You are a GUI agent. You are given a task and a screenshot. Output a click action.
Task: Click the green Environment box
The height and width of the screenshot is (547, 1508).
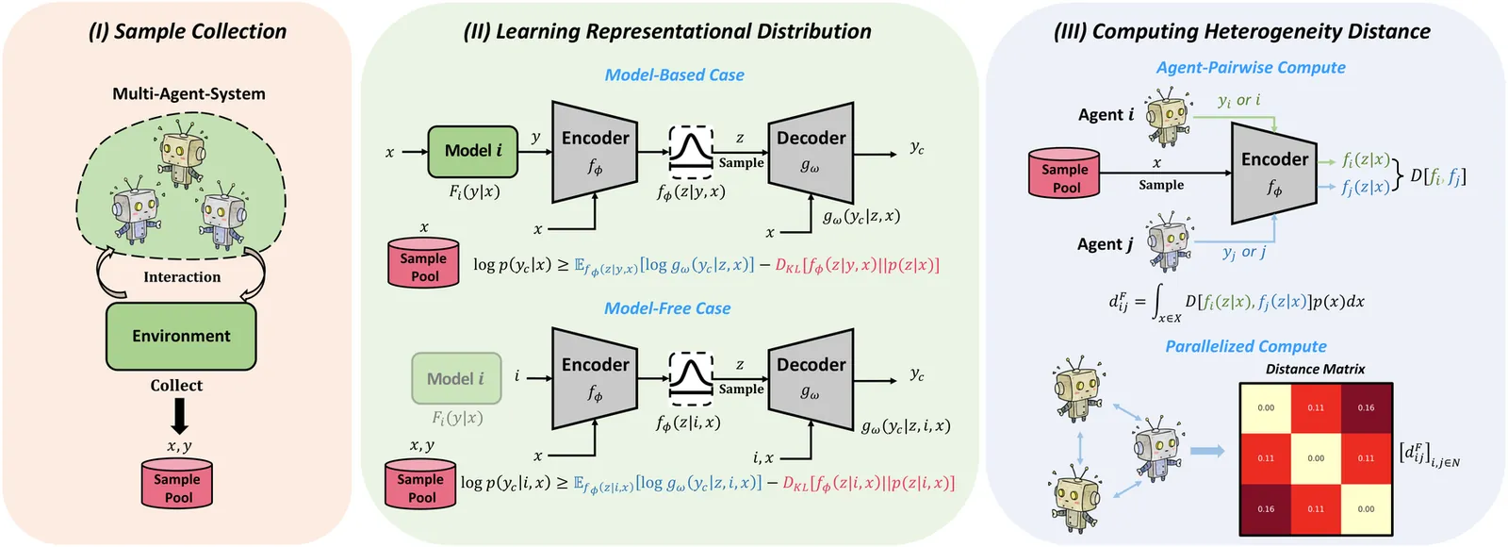pyautogui.click(x=181, y=336)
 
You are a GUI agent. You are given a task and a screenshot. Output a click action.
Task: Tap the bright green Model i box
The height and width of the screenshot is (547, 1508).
pyautogui.click(x=473, y=151)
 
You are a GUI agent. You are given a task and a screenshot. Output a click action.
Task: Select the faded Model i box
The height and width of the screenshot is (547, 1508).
pyautogui.click(x=455, y=378)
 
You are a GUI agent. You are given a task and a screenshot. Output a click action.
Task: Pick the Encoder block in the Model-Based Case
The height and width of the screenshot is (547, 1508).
pyautogui.click(x=595, y=151)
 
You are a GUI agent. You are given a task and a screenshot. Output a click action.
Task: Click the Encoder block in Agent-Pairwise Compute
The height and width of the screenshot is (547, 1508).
pyautogui.click(x=1274, y=173)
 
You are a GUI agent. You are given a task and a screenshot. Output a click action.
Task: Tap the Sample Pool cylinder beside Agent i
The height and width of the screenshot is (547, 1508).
pyautogui.click(x=1064, y=174)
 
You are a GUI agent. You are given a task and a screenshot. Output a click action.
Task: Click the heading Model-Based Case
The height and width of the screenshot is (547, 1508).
pyautogui.click(x=674, y=75)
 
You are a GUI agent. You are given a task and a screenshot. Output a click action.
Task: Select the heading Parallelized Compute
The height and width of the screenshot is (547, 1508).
pyautogui.click(x=1245, y=346)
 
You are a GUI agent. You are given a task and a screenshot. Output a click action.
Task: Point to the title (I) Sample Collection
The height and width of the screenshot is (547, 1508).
pyautogui.click(x=188, y=31)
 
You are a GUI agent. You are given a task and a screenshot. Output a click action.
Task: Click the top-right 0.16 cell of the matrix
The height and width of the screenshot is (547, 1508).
pyautogui.click(x=1366, y=408)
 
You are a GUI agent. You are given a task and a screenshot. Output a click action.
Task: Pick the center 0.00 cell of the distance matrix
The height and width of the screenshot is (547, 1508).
pyautogui.click(x=1316, y=458)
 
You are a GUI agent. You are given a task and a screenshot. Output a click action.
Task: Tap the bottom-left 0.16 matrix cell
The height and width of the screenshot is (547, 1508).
pyautogui.click(x=1265, y=508)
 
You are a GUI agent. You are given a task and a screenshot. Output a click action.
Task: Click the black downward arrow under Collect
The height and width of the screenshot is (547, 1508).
pyautogui.click(x=179, y=416)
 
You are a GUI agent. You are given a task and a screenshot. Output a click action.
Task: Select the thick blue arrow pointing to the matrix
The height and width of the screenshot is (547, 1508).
pyautogui.click(x=1207, y=451)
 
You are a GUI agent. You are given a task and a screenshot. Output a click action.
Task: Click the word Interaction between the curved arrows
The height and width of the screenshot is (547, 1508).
pyautogui.click(x=182, y=277)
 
